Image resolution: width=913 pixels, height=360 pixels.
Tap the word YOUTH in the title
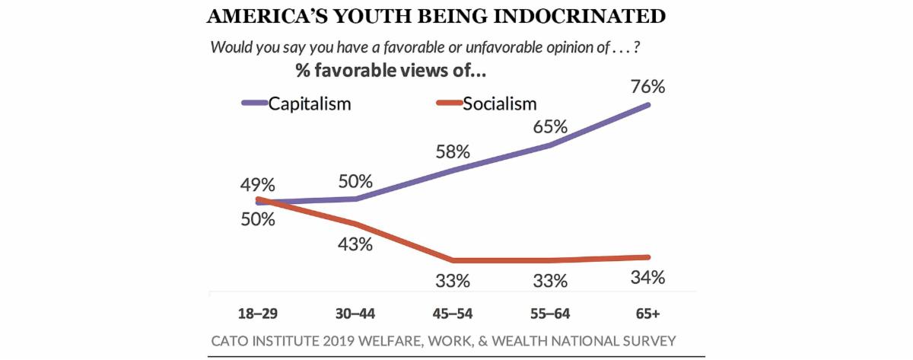tap(378, 16)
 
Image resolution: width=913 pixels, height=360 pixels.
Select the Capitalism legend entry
tap(309, 104)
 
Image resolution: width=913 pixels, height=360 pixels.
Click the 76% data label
tap(649, 86)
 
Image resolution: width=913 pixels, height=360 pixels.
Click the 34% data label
tap(649, 277)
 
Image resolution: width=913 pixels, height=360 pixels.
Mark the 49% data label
tap(259, 185)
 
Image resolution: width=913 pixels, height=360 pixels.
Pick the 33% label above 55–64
tap(550, 281)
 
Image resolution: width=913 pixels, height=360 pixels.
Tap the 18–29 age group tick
tap(259, 312)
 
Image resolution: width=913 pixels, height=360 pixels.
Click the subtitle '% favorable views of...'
tap(391, 72)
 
